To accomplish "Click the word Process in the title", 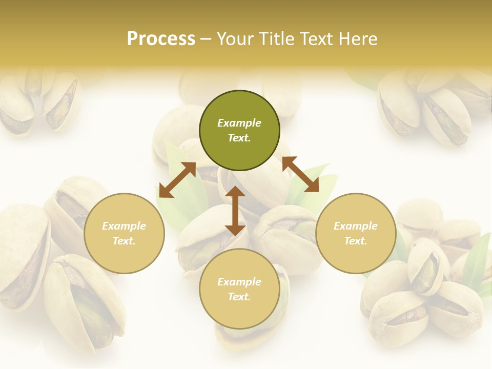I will pos(161,39).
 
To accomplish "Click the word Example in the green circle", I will pos(239,123).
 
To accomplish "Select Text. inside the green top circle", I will pos(239,138).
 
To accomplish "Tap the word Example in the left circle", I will pos(124,226).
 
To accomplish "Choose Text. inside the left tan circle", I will pos(124,241).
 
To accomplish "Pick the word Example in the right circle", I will pos(356,226).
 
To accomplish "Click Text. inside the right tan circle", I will pos(356,241).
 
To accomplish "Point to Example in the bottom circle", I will pos(239,282).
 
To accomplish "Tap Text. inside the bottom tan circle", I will pos(239,297).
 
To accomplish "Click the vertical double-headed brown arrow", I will pos(235,211).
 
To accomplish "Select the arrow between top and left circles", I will pos(177,179).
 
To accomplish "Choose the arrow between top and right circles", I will pos(300,174).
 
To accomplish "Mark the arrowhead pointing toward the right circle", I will pos(312,186).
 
